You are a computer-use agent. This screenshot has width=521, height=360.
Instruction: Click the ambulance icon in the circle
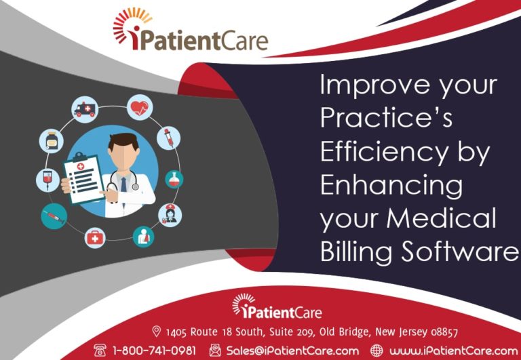(85, 110)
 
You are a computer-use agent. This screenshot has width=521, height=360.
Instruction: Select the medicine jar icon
(52, 141)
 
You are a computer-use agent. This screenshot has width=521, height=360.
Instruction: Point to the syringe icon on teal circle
(53, 216)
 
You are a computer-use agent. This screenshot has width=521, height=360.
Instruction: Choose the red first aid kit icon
(95, 237)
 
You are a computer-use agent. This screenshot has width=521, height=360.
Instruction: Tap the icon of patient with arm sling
(143, 237)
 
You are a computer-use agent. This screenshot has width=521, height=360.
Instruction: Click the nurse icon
(170, 215)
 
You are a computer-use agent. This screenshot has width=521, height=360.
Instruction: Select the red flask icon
(174, 179)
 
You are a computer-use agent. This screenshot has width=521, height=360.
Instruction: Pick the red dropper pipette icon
(168, 138)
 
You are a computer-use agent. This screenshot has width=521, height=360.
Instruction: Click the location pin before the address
(157, 332)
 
